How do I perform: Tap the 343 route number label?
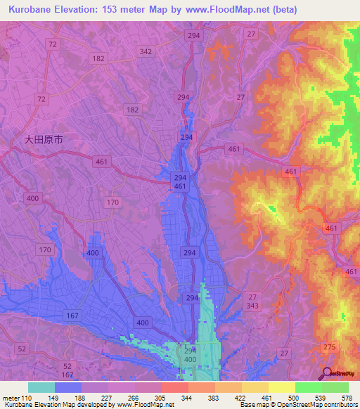(252, 306)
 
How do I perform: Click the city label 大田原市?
(44, 140)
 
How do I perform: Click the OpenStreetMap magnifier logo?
(328, 374)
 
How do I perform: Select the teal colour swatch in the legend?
(41, 387)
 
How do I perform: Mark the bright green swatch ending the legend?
(335, 387)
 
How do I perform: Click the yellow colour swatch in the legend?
(282, 387)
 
